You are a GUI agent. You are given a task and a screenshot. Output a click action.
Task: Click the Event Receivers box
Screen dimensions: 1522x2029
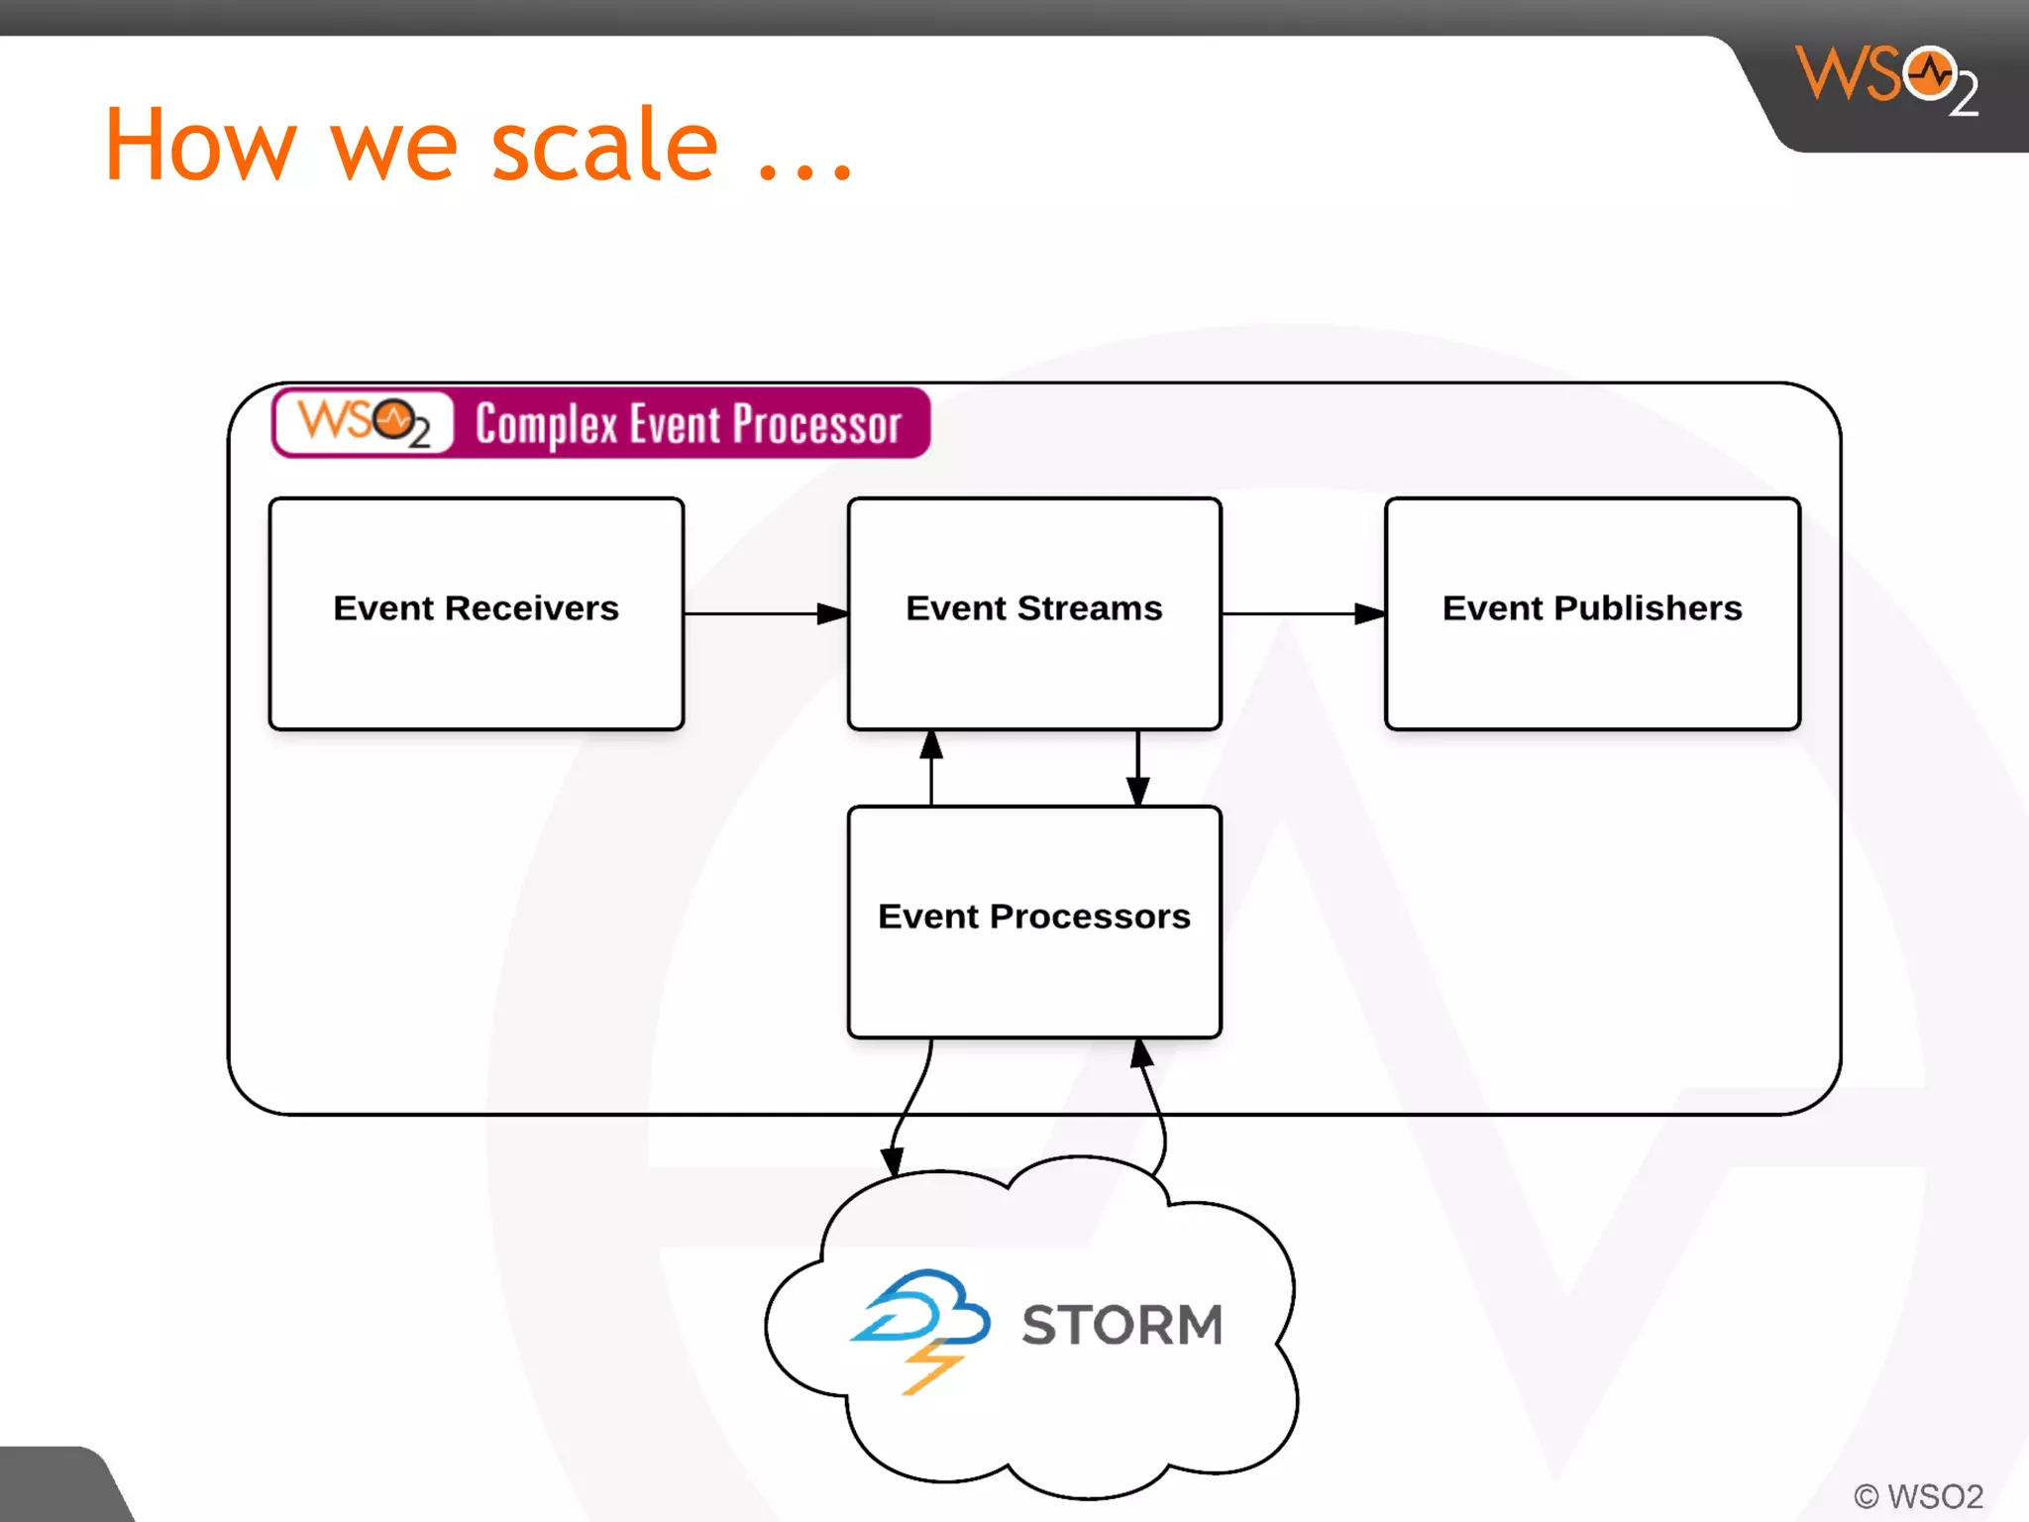[476, 613]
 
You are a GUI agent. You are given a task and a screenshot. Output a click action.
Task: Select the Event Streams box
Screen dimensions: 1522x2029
[1033, 613]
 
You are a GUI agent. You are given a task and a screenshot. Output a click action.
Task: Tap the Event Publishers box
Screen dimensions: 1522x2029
[1591, 613]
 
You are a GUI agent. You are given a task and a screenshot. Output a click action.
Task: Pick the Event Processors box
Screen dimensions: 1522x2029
[1033, 922]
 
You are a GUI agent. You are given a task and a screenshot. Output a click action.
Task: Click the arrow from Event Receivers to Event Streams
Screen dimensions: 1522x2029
[765, 613]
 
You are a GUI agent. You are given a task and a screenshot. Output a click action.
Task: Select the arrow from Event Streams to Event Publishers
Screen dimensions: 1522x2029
[1303, 613]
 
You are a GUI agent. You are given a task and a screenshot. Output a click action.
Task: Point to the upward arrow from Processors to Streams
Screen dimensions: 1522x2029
[930, 768]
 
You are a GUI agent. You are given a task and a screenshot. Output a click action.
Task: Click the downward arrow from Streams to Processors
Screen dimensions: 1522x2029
[1137, 768]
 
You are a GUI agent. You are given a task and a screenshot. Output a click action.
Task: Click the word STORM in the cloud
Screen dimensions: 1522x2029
[1122, 1325]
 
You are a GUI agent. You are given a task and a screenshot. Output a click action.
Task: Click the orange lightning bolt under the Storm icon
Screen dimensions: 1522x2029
[931, 1367]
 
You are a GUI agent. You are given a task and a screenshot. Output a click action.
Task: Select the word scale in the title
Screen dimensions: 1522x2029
[604, 146]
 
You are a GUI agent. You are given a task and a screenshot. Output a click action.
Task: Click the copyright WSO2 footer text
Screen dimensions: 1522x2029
[1918, 1495]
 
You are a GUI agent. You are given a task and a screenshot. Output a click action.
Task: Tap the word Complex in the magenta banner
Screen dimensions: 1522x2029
[546, 425]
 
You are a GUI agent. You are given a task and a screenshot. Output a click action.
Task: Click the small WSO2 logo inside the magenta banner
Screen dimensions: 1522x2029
[364, 423]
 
